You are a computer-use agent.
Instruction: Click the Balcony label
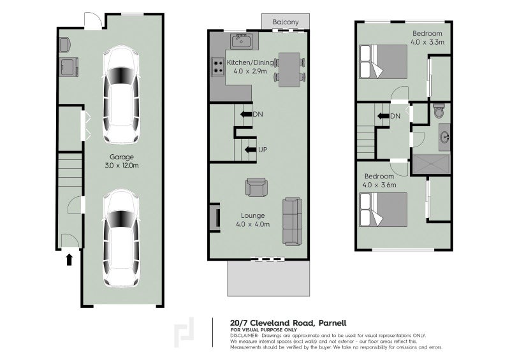click(286, 22)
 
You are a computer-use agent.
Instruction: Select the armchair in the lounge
click(257, 188)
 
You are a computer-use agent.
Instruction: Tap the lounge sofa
click(293, 222)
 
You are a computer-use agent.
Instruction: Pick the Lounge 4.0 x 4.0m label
click(252, 220)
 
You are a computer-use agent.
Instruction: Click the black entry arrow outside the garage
click(69, 259)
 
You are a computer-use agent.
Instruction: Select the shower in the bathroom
click(432, 165)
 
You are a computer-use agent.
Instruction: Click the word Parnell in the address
click(328, 322)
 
